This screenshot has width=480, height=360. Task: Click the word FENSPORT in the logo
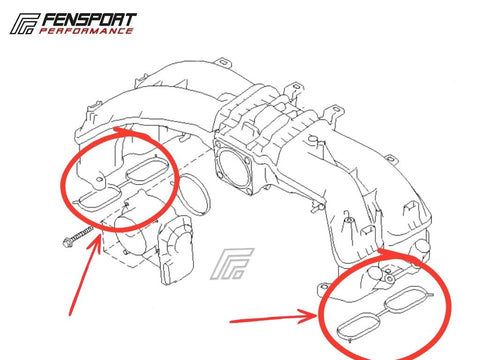tap(89, 20)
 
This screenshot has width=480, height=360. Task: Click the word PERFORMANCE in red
tap(86, 31)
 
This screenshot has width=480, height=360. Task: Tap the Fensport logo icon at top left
tap(25, 24)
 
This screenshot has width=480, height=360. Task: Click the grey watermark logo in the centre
tap(232, 263)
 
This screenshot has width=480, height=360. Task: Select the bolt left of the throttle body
tap(78, 236)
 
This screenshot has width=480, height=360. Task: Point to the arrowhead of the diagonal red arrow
tap(95, 244)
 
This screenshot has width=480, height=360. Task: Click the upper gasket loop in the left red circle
tap(147, 171)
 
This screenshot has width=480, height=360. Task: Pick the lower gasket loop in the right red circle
tap(359, 325)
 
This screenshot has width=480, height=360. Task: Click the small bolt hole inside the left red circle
tap(99, 179)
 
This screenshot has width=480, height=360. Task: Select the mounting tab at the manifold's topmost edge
tap(224, 62)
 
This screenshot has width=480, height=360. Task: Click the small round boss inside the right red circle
tap(389, 278)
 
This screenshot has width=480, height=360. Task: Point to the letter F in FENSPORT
tap(49, 20)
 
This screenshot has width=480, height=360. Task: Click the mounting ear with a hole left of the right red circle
tap(324, 287)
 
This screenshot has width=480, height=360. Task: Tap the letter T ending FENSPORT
tap(130, 20)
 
